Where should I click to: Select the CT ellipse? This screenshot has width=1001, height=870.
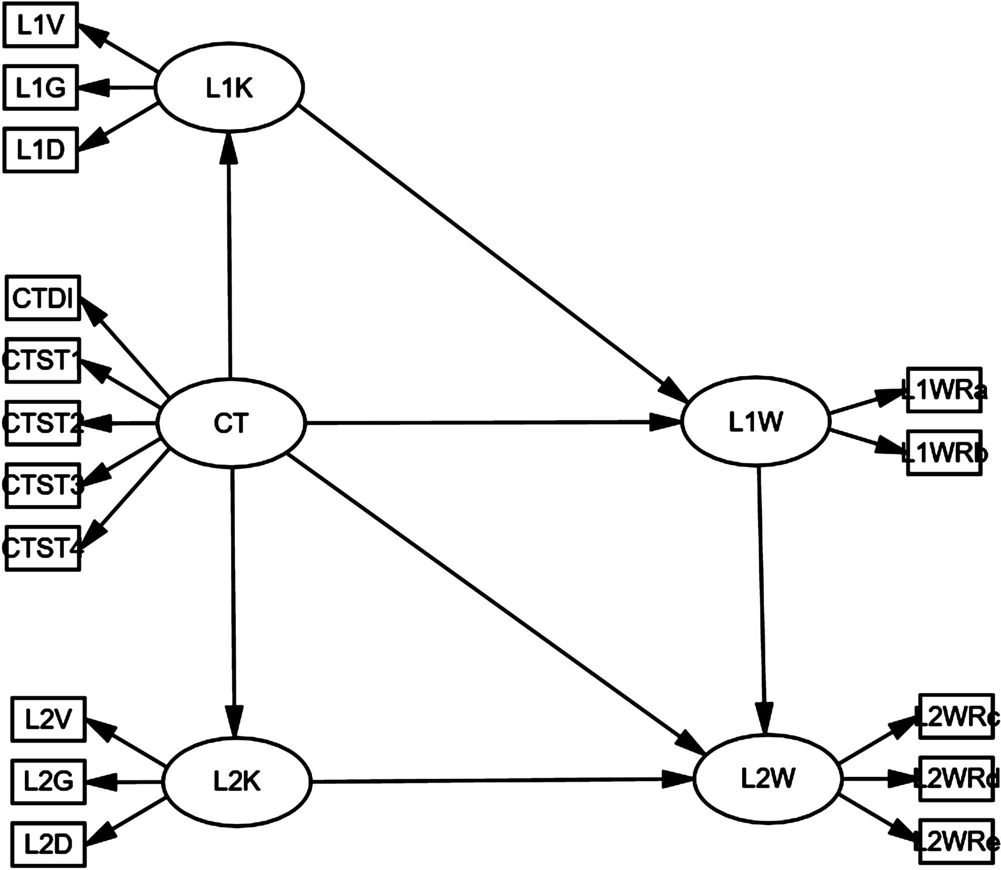pos(231,423)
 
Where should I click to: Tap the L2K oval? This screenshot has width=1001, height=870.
pos(237,781)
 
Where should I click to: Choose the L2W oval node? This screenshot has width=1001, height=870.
pos(768,778)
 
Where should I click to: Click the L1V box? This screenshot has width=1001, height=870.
pos(41,25)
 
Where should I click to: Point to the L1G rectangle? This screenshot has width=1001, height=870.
pos(41,88)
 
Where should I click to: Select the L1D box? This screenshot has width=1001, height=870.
pos(41,150)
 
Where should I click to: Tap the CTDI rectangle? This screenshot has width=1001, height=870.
pos(43,298)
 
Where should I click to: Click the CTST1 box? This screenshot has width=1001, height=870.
pos(43,361)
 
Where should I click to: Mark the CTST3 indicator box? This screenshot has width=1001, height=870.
pos(43,485)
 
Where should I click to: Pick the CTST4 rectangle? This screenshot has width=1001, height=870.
pos(43,548)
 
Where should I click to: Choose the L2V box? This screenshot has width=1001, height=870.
pos(49,719)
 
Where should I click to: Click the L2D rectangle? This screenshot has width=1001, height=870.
pos(49,844)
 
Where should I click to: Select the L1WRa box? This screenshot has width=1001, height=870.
pos(944,390)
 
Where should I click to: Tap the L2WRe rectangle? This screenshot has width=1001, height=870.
pos(956,841)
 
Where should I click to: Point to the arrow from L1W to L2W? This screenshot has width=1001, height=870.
pos(762,600)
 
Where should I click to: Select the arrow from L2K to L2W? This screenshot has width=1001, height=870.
pos(500,780)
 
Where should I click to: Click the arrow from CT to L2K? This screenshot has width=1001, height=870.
pos(233,600)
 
